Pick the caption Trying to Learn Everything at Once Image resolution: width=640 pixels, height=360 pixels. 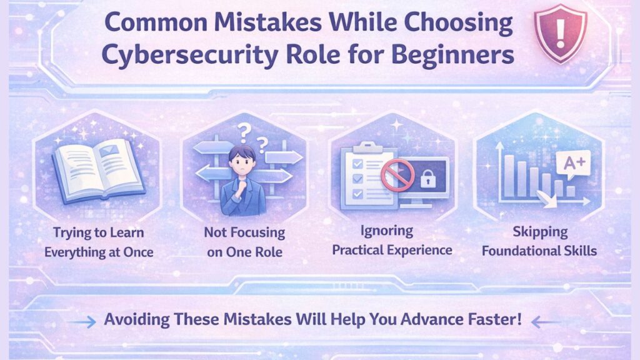pyautogui.click(x=98, y=242)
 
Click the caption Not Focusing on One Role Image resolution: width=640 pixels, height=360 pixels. pyautogui.click(x=244, y=242)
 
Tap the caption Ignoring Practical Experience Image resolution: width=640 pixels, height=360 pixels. pyautogui.click(x=392, y=241)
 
